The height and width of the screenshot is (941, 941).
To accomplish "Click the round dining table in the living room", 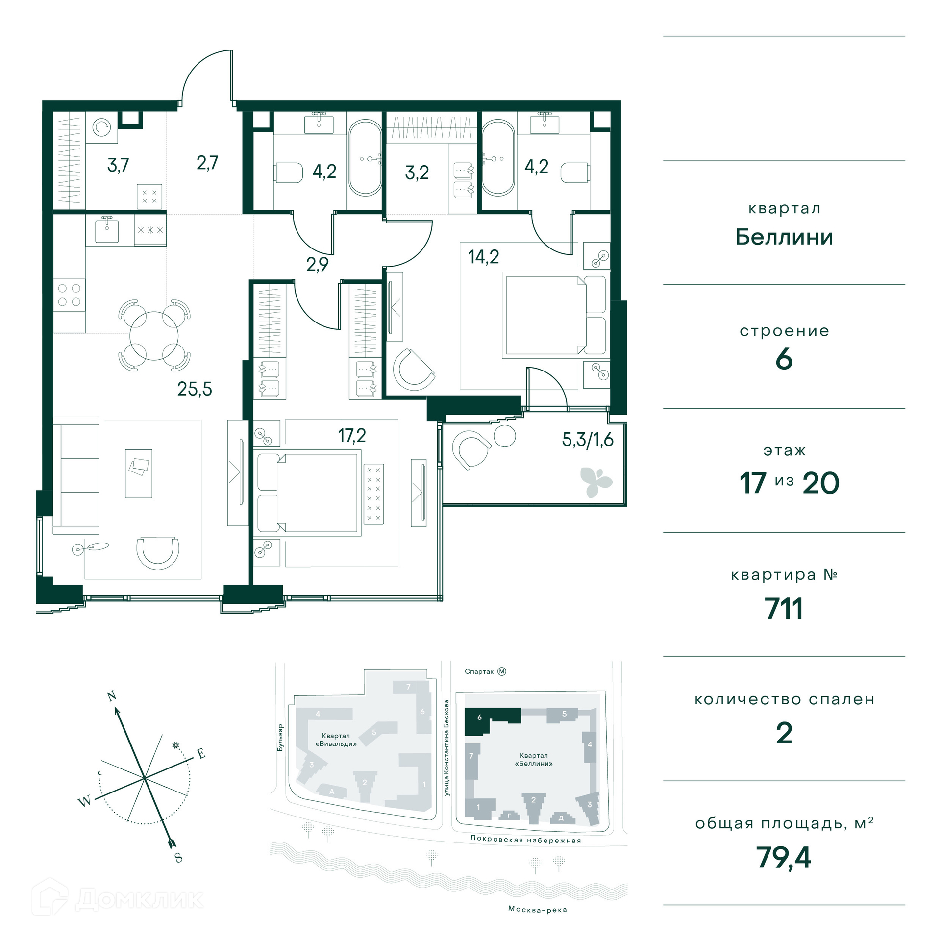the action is pos(154,336).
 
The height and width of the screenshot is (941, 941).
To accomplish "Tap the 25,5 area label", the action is pos(195,389).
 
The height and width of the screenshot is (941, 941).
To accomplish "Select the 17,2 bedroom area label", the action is pos(352,435).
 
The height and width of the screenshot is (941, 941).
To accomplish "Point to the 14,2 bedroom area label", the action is pos(483,256).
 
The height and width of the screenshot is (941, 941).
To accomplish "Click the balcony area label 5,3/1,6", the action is pos(588,440).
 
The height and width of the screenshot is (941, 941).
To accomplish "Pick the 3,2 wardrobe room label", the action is pos(417,173).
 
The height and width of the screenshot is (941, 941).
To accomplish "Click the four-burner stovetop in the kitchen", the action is pos(69,295).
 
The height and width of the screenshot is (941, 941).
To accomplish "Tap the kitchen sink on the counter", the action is pos(107,230).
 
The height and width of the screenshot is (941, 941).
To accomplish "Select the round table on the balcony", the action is pos(505,436).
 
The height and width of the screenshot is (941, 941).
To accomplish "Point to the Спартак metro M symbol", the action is pos(502,671).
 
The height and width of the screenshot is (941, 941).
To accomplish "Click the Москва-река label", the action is pos(538,910).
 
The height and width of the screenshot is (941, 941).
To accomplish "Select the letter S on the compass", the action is pos(178,857).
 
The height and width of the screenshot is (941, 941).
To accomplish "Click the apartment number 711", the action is pos(784,609).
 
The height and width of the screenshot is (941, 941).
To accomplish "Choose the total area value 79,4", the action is pos(784,858).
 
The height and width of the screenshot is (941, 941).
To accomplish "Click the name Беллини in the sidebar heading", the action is pos(784,237).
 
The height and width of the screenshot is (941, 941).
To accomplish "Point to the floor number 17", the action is pos(753,483).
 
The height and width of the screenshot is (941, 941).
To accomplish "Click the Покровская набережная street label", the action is pos(525,840).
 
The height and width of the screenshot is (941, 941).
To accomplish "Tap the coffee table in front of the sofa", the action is pos(139,474).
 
